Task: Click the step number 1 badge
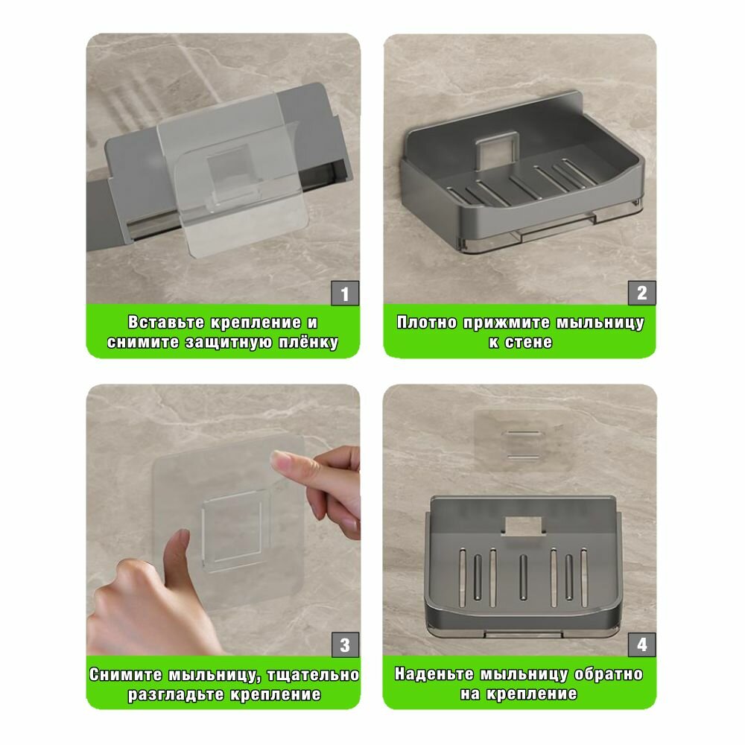coord(345,293)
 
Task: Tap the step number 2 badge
coord(642,293)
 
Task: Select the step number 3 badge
coord(345,644)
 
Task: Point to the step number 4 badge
coord(642,644)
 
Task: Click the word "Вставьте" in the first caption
coord(166,322)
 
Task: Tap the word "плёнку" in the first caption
coord(308,342)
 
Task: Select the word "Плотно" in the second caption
coord(427,323)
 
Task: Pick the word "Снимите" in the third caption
coord(126,675)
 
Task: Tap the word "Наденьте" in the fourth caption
coord(434,673)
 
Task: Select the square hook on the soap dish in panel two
coord(497,148)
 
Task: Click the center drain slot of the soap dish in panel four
coord(523,577)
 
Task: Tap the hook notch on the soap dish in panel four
coord(523,526)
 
